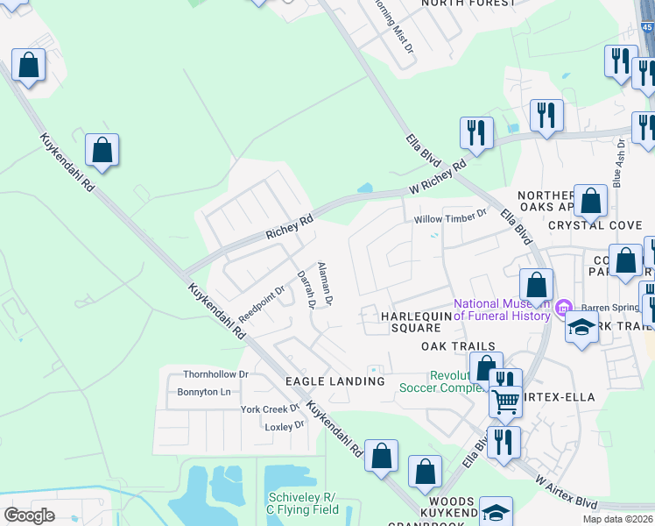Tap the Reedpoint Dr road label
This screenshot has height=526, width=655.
(262, 302)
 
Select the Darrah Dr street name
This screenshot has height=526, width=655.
(305, 288)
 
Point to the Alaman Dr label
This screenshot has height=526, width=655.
(325, 283)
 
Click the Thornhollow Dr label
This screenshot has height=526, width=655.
(216, 374)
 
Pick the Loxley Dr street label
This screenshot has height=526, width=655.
(284, 426)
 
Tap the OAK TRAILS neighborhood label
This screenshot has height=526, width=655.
(458, 347)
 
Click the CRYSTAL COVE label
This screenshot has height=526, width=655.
(595, 225)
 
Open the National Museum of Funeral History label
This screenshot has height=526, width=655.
(501, 310)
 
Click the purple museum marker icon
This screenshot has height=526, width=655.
(563, 307)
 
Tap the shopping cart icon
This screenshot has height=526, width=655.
(505, 402)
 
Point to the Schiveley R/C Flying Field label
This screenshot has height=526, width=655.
(300, 503)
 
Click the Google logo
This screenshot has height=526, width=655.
(30, 515)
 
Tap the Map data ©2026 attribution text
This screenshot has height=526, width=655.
(617, 519)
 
